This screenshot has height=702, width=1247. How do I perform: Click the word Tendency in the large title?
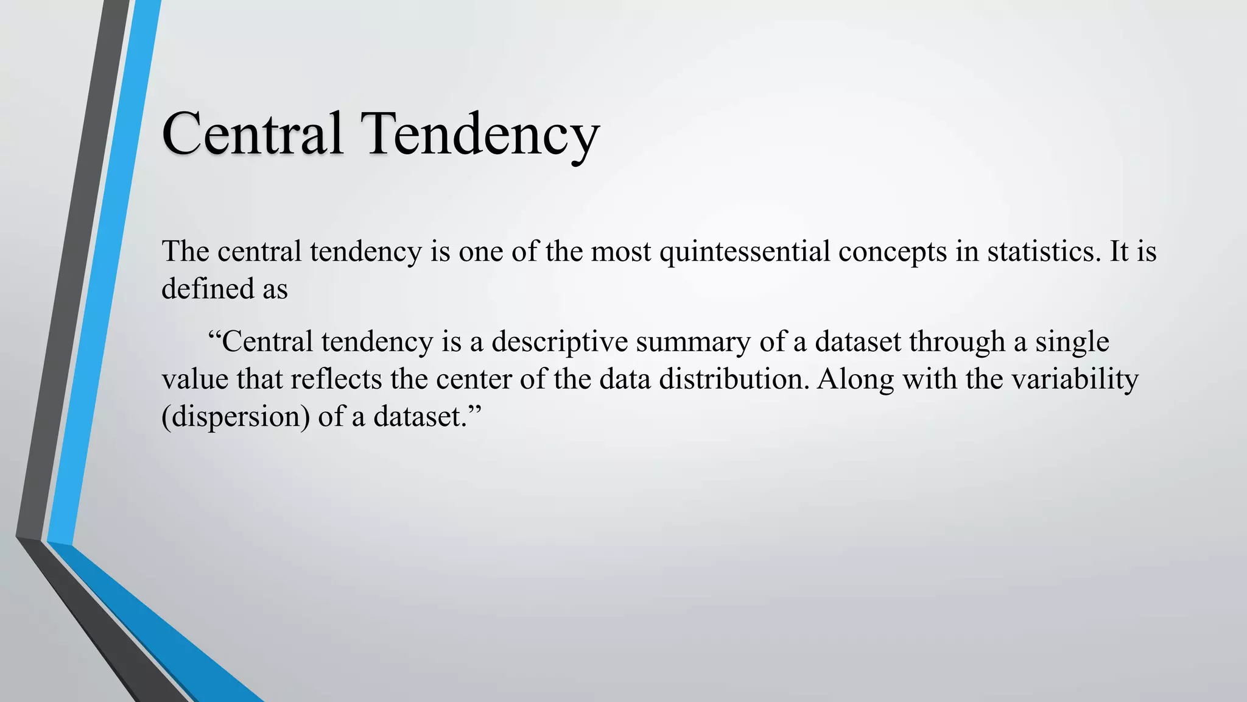[482, 134]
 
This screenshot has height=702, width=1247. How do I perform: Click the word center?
[474, 380]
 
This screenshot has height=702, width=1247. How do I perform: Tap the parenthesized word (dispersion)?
[236, 417]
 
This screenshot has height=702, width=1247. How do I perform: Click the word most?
[621, 252]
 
